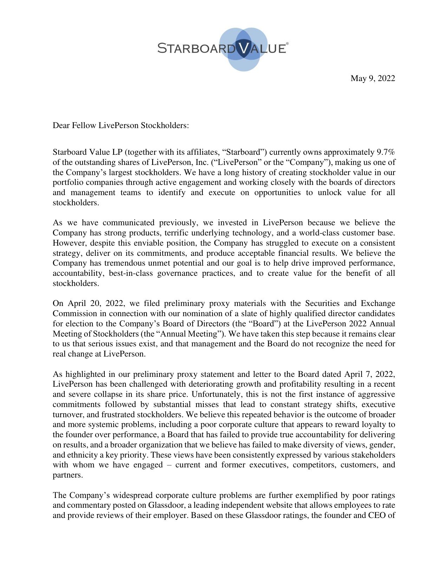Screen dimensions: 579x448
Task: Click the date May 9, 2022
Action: coord(372,78)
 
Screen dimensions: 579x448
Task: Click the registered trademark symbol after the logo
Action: coord(287,44)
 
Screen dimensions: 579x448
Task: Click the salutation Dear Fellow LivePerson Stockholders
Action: coord(121,125)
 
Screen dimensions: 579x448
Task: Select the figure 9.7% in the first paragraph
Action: coord(386,152)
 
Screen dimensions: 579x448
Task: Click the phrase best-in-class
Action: coord(131,273)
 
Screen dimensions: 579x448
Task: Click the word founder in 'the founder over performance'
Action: coord(79,434)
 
